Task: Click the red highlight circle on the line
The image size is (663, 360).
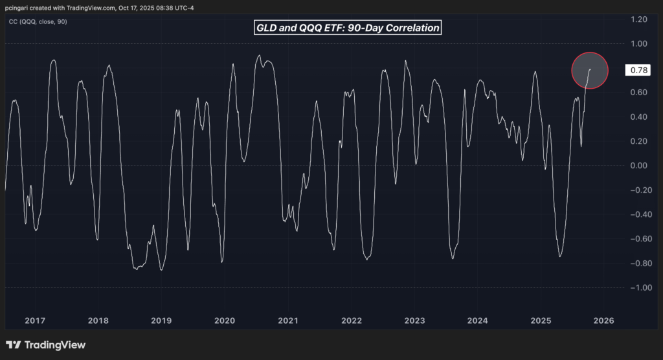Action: coord(590,70)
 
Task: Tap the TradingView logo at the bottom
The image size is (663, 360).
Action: coord(46,345)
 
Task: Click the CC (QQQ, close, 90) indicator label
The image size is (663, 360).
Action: coord(37,21)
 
